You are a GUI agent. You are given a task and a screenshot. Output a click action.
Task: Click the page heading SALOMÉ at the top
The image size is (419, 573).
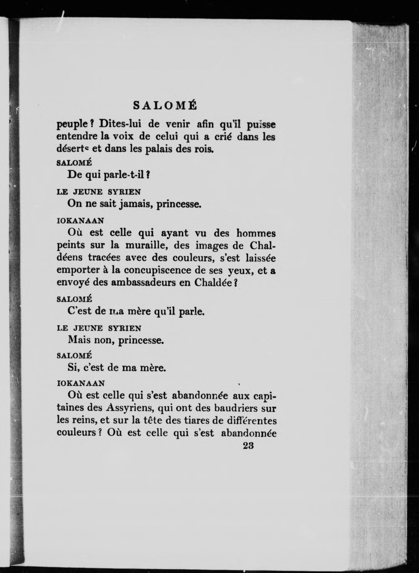[165, 106]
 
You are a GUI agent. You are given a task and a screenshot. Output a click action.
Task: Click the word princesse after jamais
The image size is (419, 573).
[179, 204]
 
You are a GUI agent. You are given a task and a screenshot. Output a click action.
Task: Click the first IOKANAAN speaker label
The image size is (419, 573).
[80, 221]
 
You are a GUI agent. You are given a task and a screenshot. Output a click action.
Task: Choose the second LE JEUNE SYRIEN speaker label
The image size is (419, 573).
[99, 329]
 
